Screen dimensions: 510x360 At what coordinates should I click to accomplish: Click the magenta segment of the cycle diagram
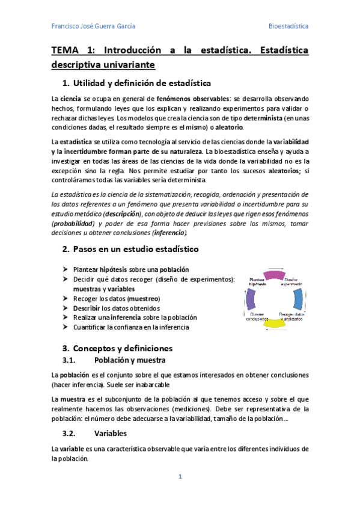click(273, 275)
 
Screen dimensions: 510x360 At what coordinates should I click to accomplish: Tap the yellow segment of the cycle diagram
click(274, 323)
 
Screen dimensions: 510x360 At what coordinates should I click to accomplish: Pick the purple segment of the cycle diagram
click(251, 299)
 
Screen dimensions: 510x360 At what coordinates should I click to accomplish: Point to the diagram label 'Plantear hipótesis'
click(258, 281)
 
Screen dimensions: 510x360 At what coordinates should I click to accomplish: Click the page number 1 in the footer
click(180, 477)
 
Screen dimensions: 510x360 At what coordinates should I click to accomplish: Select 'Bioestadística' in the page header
click(288, 26)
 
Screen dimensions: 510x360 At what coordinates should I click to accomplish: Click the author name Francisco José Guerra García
click(93, 26)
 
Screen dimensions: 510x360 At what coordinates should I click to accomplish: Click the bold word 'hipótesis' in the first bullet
click(113, 269)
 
